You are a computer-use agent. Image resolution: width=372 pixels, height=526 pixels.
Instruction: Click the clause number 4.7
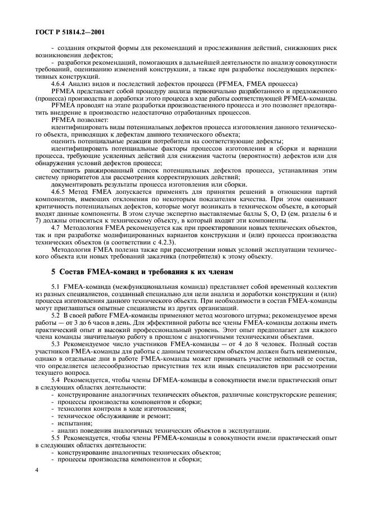pos(56,229)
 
